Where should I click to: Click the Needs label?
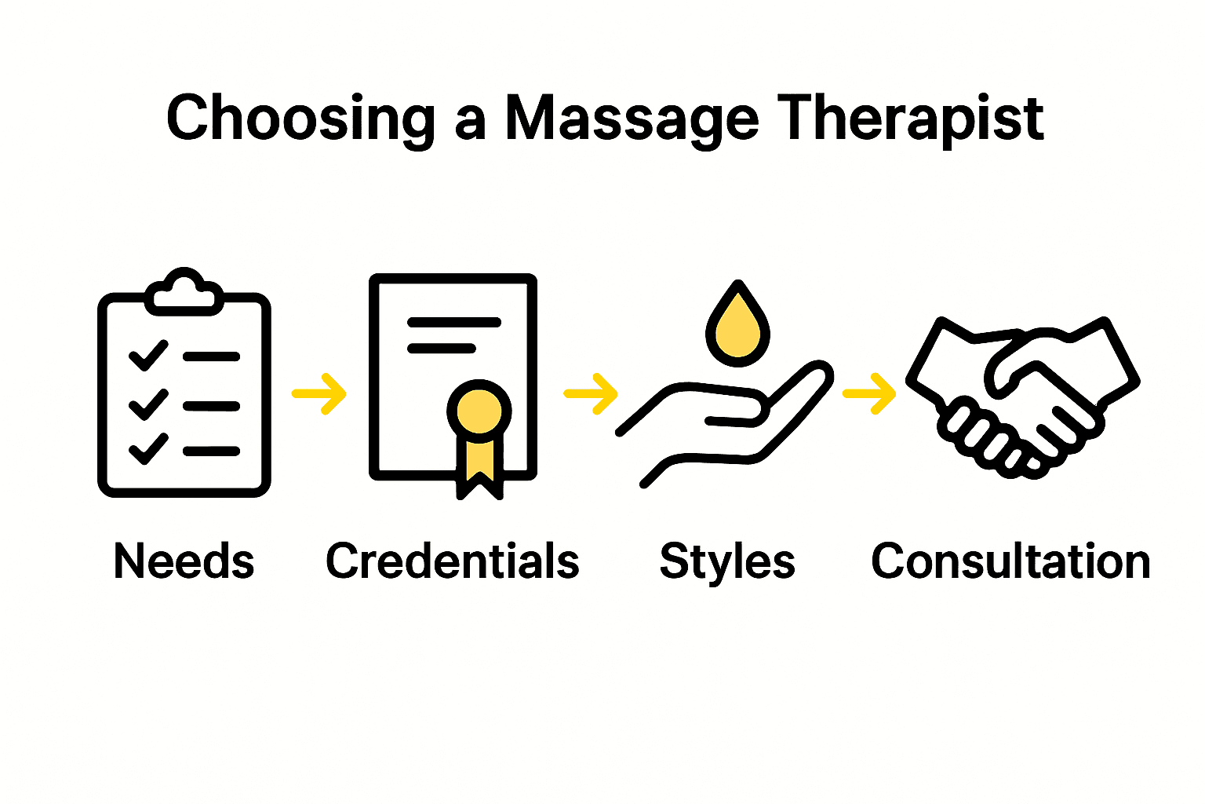coord(184,561)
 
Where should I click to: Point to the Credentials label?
coord(453,561)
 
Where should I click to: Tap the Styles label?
coord(727,561)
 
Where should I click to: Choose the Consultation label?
coord(1010,561)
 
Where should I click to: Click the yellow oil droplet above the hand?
coord(737,328)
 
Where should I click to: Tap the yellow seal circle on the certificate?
coord(479,410)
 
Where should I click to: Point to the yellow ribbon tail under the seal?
coord(479,463)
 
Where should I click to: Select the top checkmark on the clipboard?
coord(147,355)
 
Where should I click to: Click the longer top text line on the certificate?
coord(453,322)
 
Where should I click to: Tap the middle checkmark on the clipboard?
coord(147,404)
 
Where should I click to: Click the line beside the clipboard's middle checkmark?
coord(211,406)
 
